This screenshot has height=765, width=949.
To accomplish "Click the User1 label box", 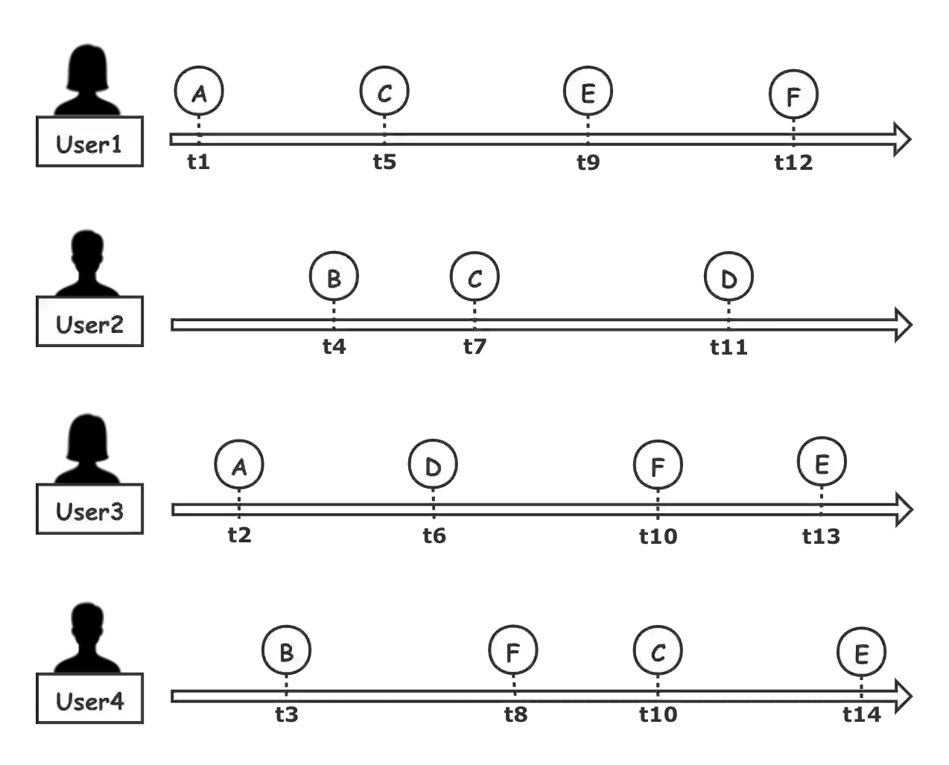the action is tap(90, 144).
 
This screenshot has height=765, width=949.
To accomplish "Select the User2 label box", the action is tap(90, 324).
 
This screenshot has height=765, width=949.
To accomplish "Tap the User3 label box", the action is tap(90, 511).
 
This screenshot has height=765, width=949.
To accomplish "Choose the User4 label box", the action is tap(90, 701).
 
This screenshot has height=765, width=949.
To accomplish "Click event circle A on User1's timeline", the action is tap(200, 93).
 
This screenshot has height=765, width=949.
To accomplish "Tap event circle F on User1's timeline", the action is tap(793, 95).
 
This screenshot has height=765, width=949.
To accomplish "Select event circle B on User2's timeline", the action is tap(334, 278).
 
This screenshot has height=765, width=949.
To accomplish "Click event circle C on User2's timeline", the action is tap(475, 278).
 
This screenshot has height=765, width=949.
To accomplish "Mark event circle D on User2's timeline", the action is tap(729, 278).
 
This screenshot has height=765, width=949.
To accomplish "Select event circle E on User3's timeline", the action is tap(822, 463).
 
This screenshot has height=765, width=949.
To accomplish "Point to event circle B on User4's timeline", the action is tap(286, 652).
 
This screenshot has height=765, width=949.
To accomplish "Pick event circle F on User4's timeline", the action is tap(513, 652).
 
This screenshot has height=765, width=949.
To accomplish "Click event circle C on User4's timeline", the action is tap(658, 652).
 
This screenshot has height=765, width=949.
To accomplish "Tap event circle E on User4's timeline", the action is tap(861, 653).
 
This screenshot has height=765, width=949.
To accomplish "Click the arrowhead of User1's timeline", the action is tap(901, 139).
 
